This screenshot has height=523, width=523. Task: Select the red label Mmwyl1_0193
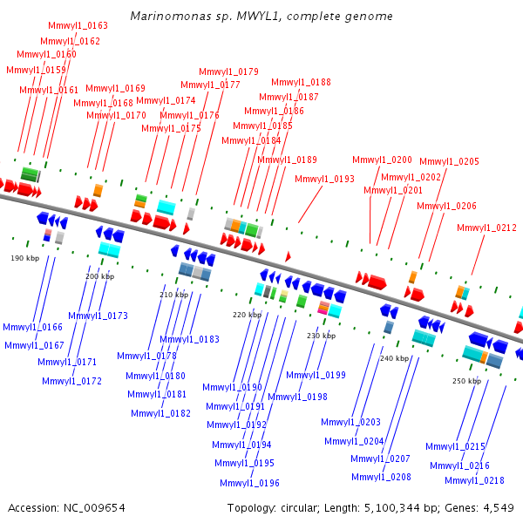click(324, 180)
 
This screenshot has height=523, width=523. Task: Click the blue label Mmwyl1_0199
click(316, 376)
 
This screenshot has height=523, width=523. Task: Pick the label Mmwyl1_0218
click(474, 481)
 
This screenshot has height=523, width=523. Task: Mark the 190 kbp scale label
click(25, 259)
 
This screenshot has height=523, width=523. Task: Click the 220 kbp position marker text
click(247, 315)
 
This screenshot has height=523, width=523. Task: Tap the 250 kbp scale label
click(466, 381)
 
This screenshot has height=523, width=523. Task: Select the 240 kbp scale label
click(395, 358)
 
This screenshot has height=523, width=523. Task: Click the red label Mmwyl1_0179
click(228, 72)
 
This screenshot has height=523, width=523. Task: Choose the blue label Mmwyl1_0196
click(249, 484)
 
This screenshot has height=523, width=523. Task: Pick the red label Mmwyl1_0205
click(449, 162)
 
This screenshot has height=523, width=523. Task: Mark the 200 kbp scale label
click(99, 276)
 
